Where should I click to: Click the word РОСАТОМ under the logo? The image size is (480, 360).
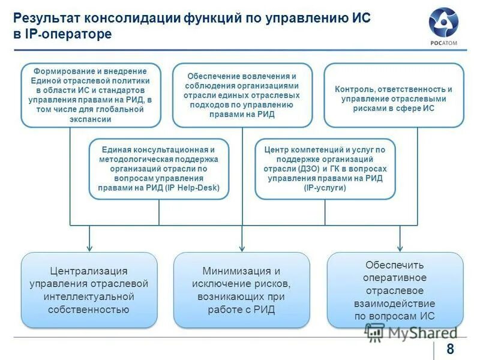point(443,43)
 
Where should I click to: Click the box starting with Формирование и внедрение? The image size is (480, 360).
point(91,95)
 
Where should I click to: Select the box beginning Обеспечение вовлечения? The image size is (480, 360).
point(242,95)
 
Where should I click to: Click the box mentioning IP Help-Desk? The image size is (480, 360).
point(159,169)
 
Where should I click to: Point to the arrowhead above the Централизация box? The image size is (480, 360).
point(89,246)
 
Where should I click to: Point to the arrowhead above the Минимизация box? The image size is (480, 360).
point(242,246)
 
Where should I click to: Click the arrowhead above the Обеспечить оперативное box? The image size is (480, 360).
point(400,246)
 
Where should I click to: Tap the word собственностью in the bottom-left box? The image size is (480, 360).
point(89,310)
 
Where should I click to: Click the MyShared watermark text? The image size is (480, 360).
point(420,332)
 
